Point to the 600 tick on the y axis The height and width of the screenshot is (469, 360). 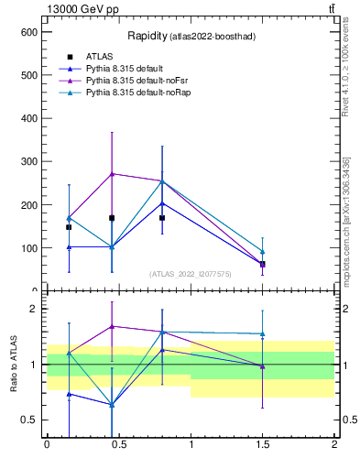tap(28, 31)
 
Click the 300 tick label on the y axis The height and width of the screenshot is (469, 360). tap(28, 161)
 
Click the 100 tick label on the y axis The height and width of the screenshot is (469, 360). tap(28, 247)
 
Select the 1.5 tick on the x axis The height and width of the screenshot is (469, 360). tap(263, 443)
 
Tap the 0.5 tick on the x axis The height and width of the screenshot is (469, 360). tap(118, 443)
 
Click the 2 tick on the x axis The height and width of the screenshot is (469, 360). tap(334, 443)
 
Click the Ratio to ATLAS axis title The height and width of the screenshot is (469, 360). tap(14, 365)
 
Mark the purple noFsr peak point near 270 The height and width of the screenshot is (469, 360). tap(112, 173)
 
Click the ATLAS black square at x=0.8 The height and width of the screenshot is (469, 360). tap(162, 218)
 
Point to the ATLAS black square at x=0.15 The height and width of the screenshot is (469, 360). tap(69, 227)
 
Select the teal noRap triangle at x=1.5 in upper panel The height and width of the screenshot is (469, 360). tap(263, 251)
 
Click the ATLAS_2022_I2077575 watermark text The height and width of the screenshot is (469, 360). tap(190, 273)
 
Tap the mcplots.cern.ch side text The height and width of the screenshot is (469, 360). tap(346, 220)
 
